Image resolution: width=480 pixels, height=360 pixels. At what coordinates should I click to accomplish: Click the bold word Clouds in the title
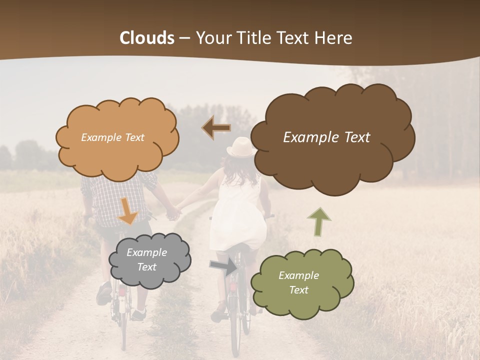[x=147, y=38]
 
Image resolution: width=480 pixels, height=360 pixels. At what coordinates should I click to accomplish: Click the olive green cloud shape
[x=302, y=295]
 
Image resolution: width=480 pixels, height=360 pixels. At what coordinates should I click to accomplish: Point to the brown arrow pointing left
[x=216, y=127]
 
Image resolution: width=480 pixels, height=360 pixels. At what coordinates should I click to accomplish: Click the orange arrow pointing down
[x=128, y=211]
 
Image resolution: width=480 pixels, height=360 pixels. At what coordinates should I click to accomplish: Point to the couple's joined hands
[x=173, y=213]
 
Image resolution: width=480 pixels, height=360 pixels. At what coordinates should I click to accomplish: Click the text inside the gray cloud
[x=146, y=260]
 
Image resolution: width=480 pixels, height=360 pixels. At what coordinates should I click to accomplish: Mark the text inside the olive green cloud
[x=298, y=282]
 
